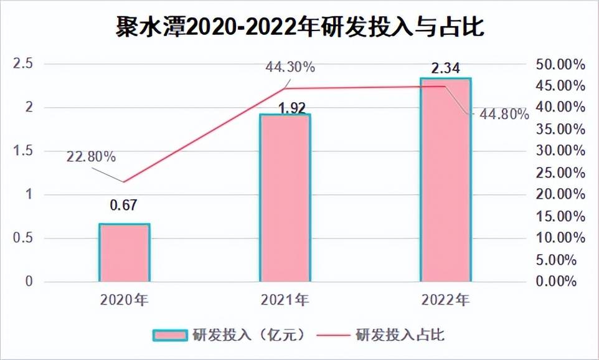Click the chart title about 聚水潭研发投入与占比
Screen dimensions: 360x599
[x=299, y=27]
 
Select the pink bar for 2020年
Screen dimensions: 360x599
[x=125, y=252]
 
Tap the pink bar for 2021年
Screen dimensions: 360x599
[x=285, y=197]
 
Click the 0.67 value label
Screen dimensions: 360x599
[x=125, y=204]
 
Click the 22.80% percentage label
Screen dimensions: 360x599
[x=90, y=157]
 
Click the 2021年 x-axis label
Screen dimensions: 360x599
[x=285, y=300]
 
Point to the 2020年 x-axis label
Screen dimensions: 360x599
[x=125, y=300]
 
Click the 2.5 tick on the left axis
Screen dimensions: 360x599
[x=23, y=64]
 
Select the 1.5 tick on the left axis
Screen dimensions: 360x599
[x=23, y=151]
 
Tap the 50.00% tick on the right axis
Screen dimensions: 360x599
[x=560, y=64]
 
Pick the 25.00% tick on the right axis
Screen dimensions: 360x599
[x=560, y=173]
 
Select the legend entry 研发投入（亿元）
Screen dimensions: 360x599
[x=230, y=334]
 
